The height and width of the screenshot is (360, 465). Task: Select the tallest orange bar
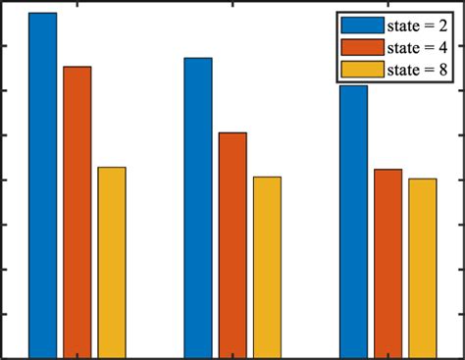coord(77,211)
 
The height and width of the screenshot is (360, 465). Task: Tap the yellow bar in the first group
coord(112,262)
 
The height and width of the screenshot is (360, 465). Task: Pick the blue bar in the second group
coord(198,207)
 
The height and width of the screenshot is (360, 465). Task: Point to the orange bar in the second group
coord(232,244)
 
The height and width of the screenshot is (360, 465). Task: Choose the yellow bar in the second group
coord(267,267)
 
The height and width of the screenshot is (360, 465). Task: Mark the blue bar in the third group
coord(353,221)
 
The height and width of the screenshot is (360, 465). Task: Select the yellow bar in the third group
coord(423,268)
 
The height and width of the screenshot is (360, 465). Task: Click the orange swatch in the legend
coord(362,47)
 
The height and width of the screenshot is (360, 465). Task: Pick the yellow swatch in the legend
coord(362,70)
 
